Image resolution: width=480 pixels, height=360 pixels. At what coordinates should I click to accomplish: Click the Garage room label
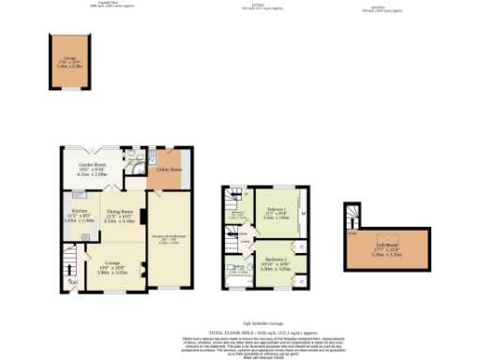[x=64, y=63]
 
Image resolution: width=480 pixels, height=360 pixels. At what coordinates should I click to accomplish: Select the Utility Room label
[x=170, y=170]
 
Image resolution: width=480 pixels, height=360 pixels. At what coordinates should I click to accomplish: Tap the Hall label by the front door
[x=73, y=279]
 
